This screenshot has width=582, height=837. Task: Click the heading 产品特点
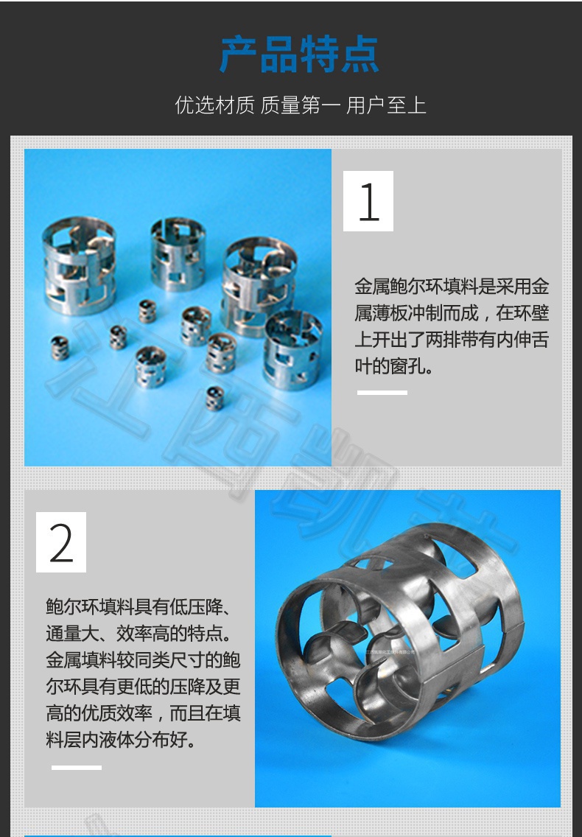300,54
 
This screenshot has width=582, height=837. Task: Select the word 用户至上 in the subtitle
386,105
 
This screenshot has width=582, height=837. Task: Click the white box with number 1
368,201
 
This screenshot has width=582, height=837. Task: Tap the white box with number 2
61,542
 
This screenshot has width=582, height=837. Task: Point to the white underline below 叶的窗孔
382,393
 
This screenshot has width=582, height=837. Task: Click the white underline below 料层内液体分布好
77,768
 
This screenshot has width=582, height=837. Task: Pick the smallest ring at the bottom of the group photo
214,398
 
